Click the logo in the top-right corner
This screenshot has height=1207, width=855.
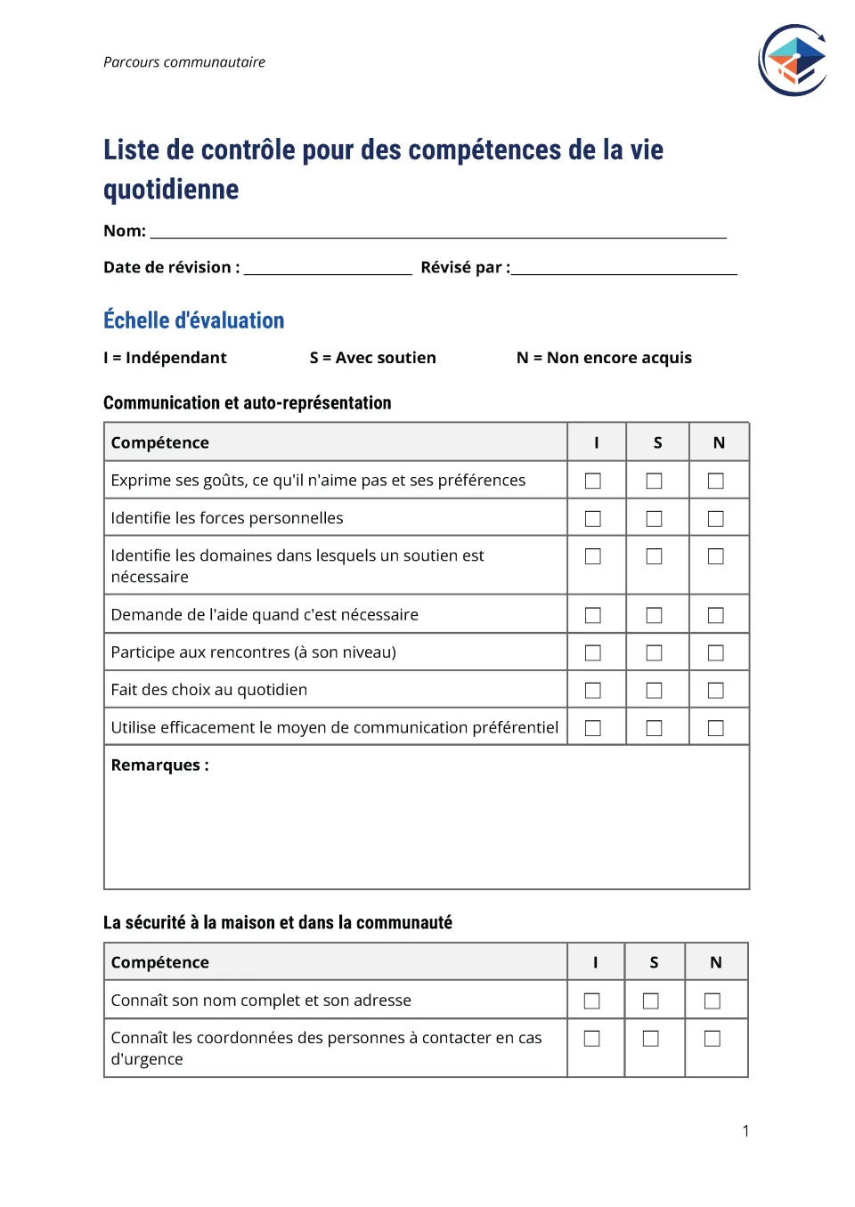click(793, 61)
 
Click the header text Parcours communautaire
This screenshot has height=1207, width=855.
click(184, 62)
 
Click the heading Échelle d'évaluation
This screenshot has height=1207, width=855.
click(193, 320)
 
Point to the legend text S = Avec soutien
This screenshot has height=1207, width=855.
click(372, 358)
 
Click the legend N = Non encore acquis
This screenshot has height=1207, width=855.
click(604, 358)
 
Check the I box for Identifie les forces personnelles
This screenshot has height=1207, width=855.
click(593, 519)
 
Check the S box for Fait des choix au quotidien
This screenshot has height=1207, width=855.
click(654, 691)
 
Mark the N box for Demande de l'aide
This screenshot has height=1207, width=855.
click(715, 615)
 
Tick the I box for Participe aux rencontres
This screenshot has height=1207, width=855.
click(593, 653)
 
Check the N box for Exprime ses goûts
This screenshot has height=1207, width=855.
click(715, 481)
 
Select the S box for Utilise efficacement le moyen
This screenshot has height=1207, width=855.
click(654, 728)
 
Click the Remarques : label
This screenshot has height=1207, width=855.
click(159, 766)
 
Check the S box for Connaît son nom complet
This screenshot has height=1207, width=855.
click(651, 1001)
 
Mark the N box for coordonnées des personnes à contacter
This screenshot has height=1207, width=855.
click(712, 1039)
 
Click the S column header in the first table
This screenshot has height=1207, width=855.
click(657, 443)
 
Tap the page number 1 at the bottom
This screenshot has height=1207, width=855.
click(745, 1131)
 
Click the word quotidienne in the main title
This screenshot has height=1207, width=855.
click(171, 190)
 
